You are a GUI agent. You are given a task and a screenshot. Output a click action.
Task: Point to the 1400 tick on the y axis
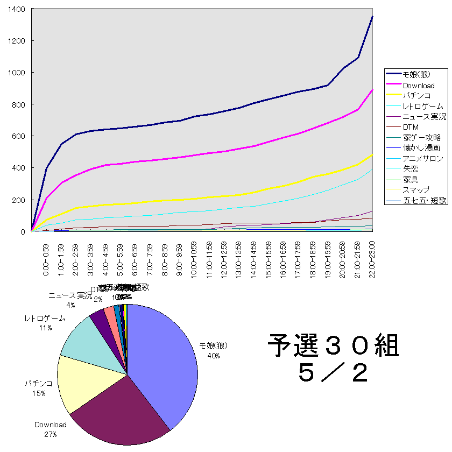[x=17, y=9]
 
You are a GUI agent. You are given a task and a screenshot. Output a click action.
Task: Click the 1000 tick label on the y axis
[x=17, y=73]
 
